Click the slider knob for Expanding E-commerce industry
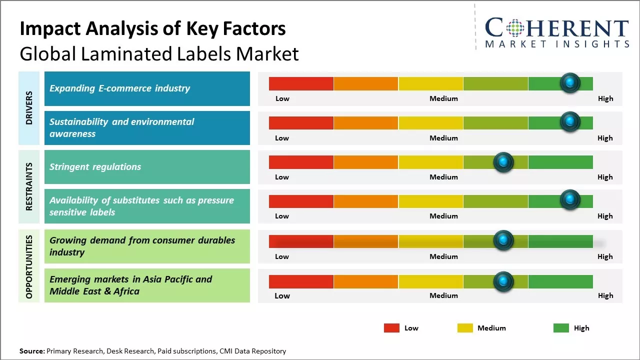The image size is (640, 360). coord(569,83)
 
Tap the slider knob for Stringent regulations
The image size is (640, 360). coord(503,162)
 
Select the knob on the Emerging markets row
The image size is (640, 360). coord(503,281)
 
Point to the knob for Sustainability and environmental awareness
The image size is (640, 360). coord(569,122)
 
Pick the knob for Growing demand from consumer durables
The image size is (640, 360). coord(503,241)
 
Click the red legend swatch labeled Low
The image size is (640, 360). coord(391,328)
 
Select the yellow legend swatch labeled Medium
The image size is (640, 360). coord(465,328)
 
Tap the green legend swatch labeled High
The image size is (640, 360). coord(561,328)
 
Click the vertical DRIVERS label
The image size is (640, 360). coord(29,108)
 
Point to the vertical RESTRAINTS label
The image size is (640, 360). coord(29,186)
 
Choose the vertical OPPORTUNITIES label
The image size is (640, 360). coord(29,266)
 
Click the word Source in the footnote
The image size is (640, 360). coord(32,351)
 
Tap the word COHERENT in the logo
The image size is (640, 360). coord(557,28)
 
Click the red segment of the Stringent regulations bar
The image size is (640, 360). coord(301,162)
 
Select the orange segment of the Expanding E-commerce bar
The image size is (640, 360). coord(365,83)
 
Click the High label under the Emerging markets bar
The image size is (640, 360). coord(605,295)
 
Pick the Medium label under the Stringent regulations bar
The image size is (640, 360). coord(443,177)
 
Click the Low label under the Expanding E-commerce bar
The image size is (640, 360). coord(282,98)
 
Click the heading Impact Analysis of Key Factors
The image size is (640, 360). coord(152,28)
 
